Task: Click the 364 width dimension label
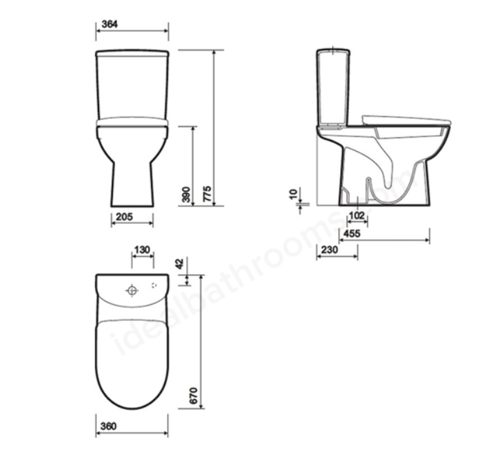coord(110,24)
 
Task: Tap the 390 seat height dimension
coord(186,194)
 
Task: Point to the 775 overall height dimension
coord(207,194)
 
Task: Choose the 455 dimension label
coord(352,234)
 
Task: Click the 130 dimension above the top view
coord(142,250)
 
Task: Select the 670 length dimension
coord(195,396)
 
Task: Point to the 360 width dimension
coord(108,426)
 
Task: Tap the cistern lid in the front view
coord(131,54)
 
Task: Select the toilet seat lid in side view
coord(408,120)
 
